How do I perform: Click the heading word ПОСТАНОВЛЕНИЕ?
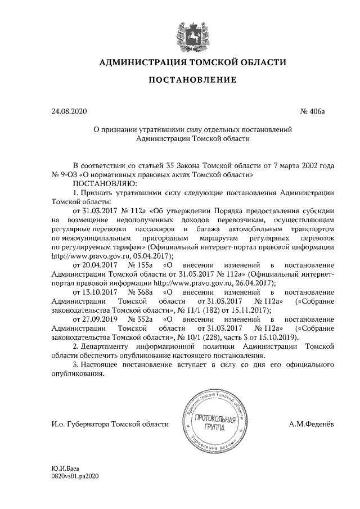coord(192,81)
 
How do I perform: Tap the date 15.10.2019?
coord(278,338)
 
